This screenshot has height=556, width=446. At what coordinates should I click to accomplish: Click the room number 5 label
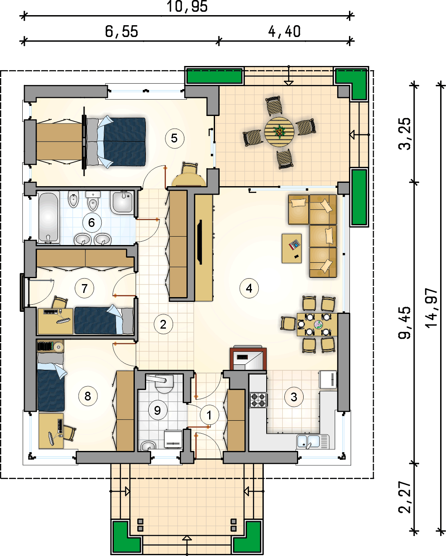[x=175, y=139]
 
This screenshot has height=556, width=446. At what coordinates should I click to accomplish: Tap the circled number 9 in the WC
[x=157, y=410]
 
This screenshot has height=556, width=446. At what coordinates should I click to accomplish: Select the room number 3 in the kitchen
[x=294, y=397]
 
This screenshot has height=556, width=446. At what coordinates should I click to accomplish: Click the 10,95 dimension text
[x=187, y=6]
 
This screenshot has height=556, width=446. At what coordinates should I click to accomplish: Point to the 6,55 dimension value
[x=121, y=31]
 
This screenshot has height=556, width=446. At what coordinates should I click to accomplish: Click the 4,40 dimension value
[x=284, y=32]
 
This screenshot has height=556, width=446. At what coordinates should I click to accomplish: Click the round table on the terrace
[x=279, y=132]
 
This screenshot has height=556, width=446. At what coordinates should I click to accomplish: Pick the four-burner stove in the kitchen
[x=258, y=400]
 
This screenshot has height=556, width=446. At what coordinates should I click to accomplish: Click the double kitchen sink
[x=313, y=442]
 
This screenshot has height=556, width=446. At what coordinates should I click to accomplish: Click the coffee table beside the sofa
[x=291, y=248]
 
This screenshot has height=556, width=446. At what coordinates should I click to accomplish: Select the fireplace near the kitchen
[x=248, y=358]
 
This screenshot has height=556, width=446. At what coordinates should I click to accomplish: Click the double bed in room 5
[x=115, y=142]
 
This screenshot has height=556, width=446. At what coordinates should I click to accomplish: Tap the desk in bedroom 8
[x=51, y=431]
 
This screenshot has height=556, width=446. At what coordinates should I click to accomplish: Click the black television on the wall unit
[x=199, y=242]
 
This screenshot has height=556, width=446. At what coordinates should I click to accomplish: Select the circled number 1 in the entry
[x=210, y=415]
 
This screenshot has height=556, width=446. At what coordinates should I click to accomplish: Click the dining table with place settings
[x=317, y=324]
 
